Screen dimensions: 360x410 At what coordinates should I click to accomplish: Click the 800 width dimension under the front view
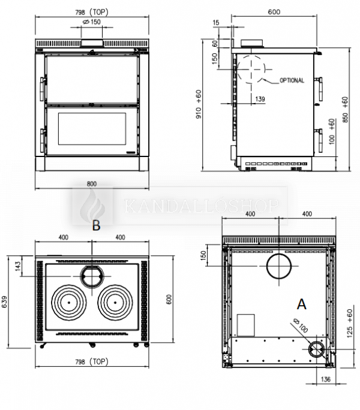(x=92, y=184)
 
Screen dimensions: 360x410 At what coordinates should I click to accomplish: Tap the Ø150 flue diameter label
(x=92, y=22)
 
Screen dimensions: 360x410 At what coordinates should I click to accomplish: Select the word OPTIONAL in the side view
(x=292, y=80)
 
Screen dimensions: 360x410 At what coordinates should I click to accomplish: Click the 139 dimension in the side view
(x=260, y=99)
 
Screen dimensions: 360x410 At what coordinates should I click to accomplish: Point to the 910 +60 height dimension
(x=199, y=104)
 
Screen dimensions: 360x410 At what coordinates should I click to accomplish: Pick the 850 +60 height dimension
(x=346, y=110)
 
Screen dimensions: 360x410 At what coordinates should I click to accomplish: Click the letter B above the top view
(x=96, y=225)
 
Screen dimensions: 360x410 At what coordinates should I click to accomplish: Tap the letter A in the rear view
(x=302, y=305)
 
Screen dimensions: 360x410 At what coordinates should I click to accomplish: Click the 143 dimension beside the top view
(x=18, y=266)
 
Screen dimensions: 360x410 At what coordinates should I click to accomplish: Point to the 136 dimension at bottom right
(x=325, y=379)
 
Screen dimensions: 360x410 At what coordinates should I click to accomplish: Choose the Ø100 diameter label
(x=301, y=326)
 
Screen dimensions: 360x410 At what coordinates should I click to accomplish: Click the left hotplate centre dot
(x=69, y=302)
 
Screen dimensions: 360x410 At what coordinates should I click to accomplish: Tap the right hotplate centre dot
(x=115, y=302)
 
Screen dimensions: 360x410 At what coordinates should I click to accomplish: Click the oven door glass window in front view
(x=92, y=129)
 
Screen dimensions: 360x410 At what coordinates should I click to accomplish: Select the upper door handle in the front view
(x=42, y=89)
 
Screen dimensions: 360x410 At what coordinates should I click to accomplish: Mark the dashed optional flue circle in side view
(x=251, y=70)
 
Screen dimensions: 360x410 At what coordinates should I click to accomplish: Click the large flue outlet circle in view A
(x=279, y=266)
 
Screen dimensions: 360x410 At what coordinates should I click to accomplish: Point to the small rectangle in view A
(x=245, y=325)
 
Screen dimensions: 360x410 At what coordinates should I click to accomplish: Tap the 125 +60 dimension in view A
(x=350, y=324)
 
